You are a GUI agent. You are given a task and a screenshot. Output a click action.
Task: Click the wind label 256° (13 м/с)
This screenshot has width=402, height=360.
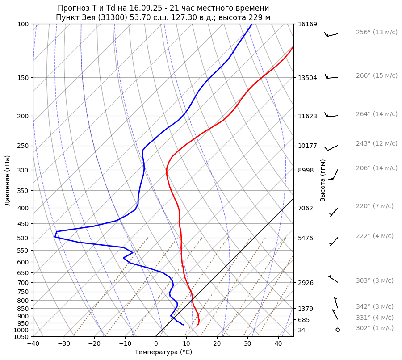coord(377,32)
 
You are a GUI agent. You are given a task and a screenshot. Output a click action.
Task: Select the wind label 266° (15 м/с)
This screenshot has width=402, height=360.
coord(377,75)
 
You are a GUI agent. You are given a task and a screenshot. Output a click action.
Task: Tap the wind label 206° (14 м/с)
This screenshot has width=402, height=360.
coord(377,168)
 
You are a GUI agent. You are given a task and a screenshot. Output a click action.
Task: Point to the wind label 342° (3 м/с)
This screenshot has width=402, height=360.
coord(375,306)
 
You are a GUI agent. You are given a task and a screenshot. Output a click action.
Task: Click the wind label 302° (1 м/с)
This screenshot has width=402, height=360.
coord(375,328)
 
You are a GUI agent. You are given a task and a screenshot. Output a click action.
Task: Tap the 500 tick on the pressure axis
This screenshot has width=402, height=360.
coord(23,238)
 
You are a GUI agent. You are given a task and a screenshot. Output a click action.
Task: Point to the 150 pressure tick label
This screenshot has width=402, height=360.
coord(23,78)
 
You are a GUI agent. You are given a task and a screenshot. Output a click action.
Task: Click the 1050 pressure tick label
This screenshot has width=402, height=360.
coord(21,337)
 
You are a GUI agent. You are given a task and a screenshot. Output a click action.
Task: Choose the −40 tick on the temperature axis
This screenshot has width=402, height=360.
coord(33,344)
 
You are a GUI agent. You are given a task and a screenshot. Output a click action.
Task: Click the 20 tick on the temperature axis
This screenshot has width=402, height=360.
coord(217,344)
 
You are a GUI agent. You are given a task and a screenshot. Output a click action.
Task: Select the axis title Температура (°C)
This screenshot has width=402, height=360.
coord(163,352)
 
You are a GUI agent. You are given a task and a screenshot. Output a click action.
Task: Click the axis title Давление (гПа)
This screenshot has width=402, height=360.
coord(8,180)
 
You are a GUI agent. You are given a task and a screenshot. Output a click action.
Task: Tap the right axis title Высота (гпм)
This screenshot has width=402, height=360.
coord(323,180)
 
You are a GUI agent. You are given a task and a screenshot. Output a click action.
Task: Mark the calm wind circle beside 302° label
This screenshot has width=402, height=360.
coord(338,330)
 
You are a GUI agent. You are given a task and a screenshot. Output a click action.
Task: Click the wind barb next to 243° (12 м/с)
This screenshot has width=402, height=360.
coord(331,147)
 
